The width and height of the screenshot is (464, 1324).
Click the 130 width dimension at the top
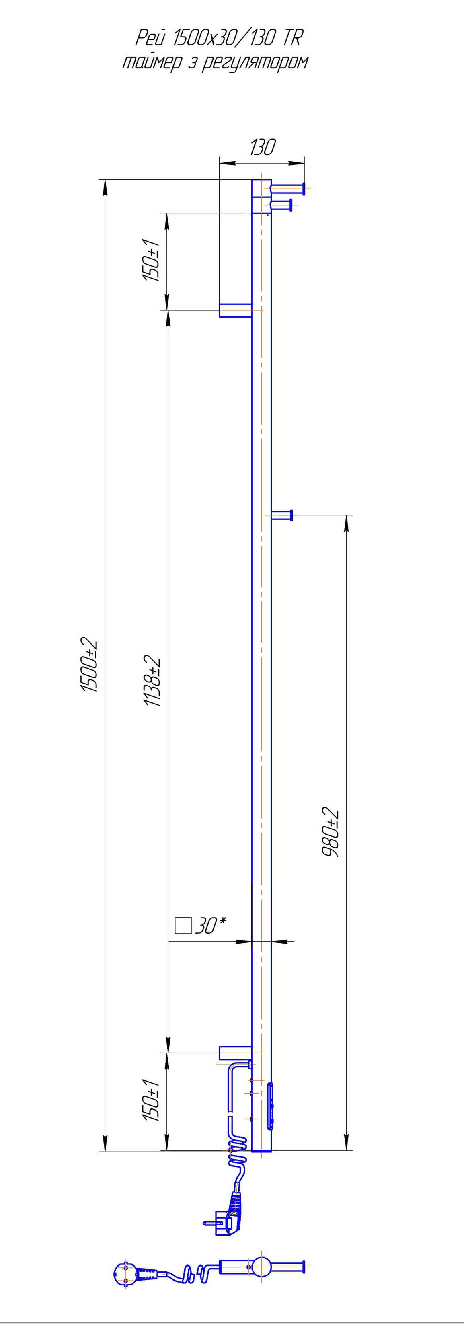263,148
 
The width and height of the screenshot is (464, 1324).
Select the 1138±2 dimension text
153,681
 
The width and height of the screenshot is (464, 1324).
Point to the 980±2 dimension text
331,833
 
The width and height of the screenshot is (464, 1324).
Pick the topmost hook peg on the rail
288,188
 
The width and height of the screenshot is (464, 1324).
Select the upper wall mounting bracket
235,310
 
